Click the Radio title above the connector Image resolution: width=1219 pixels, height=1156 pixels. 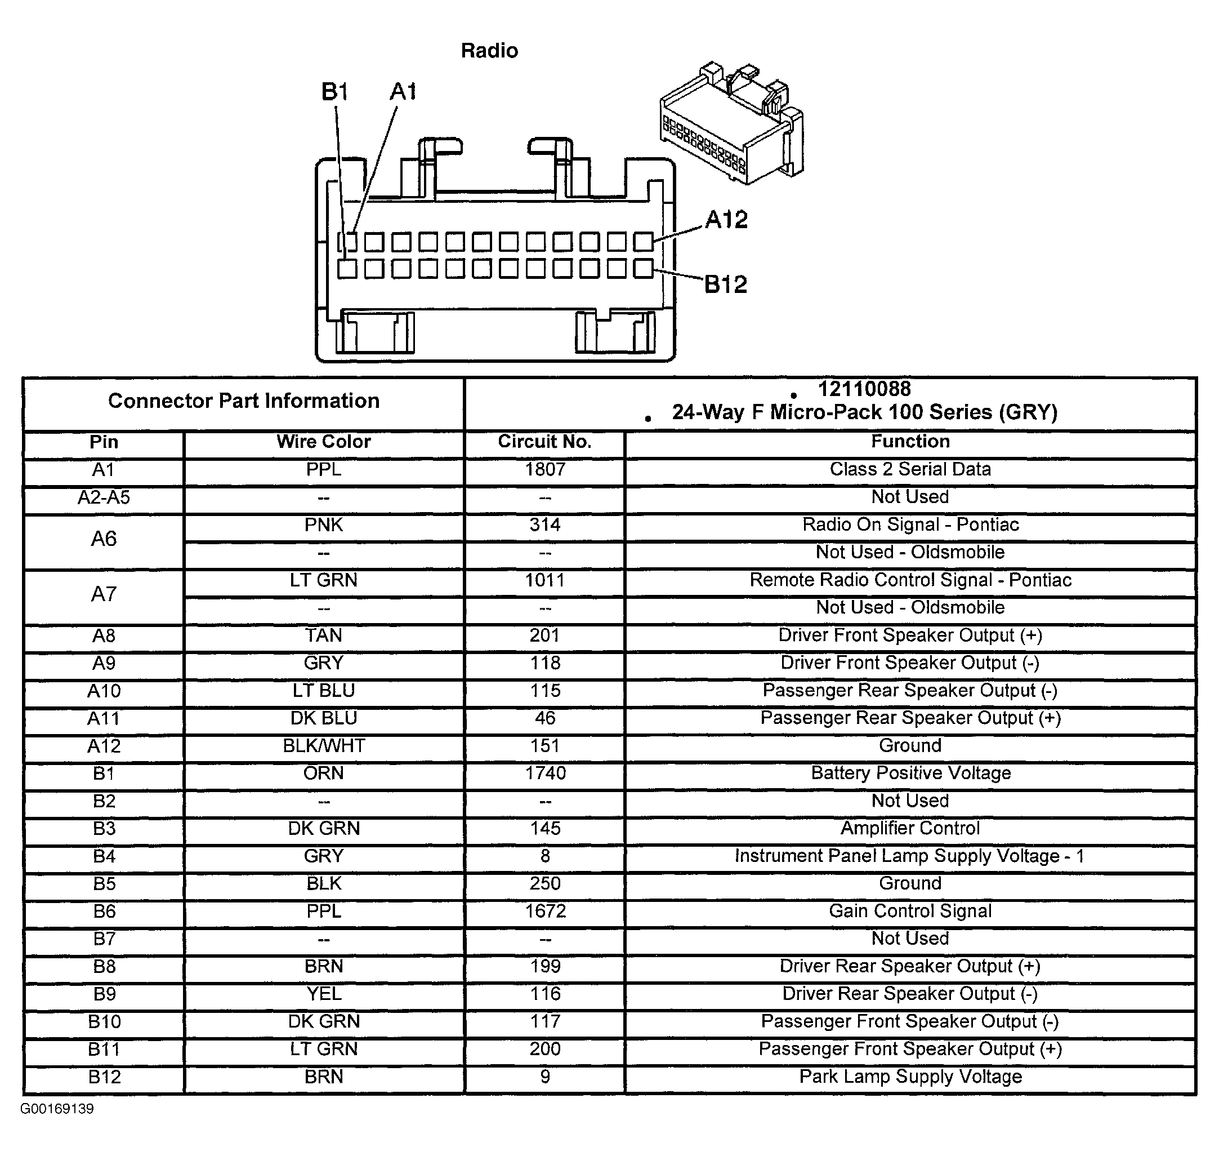coord(489,51)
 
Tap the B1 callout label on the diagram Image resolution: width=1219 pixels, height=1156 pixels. coord(334,92)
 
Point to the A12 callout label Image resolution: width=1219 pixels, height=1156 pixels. coord(726,219)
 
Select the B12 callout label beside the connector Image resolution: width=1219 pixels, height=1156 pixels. coord(725,284)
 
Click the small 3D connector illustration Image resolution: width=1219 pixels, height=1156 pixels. coord(731,123)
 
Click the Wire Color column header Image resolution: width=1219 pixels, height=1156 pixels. coord(323,442)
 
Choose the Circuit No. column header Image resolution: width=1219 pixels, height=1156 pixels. coord(544,442)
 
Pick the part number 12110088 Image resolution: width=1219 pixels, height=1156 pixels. coord(864,389)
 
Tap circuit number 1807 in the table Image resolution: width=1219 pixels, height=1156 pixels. coord(544,469)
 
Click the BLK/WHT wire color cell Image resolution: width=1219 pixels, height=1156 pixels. coord(323,746)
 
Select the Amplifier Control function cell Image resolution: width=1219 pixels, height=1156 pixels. coord(910,828)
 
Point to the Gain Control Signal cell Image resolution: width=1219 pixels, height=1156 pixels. coord(910,911)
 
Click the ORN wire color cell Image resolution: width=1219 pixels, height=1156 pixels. coord(323,773)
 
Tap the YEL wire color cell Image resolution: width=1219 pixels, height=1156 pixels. coord(323,994)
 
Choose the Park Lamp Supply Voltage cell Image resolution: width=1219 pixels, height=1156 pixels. coord(910,1077)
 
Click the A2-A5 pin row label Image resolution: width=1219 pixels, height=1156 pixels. coord(104,497)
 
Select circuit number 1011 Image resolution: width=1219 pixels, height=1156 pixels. coord(544,580)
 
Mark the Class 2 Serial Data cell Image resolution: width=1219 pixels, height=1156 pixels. coord(910,469)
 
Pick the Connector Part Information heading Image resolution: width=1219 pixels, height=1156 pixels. coord(243,401)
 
